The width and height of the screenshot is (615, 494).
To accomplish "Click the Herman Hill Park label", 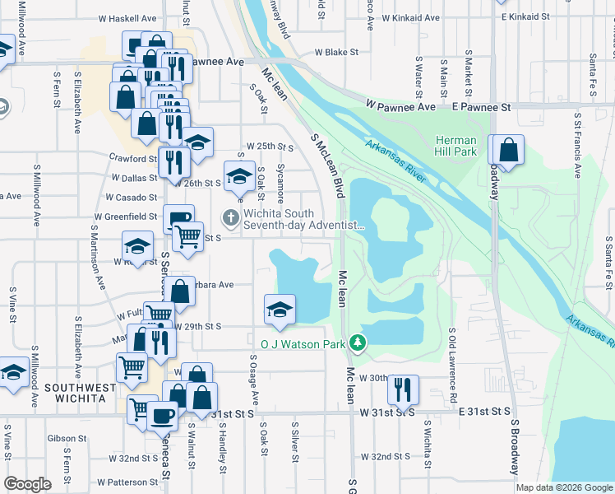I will pos(455,146).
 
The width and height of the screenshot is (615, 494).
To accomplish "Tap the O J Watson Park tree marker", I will pos(357,342).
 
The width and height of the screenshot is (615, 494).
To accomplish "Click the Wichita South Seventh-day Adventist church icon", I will pos(231,217).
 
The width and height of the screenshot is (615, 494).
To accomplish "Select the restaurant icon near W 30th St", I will pos(402,388).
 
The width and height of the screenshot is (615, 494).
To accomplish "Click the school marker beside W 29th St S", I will pos(280,310).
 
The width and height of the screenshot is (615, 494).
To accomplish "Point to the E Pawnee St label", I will pos(481,107).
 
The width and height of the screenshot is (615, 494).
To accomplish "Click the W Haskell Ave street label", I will pos(127,17).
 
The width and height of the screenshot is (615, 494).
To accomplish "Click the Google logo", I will pos(27,484).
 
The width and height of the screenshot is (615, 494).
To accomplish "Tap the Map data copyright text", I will pos(564,487).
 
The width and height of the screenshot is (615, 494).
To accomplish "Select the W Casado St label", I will pos(132,198).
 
